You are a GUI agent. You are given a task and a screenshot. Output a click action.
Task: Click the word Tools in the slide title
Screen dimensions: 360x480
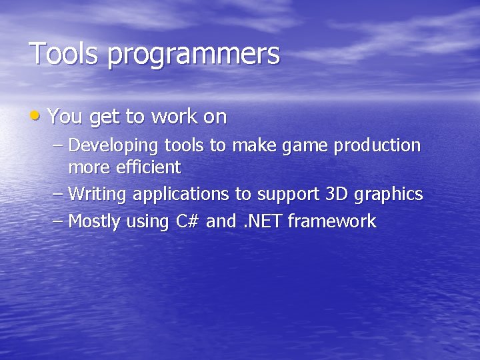(x=64, y=53)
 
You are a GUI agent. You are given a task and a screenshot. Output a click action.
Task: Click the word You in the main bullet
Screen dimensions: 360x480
(x=65, y=117)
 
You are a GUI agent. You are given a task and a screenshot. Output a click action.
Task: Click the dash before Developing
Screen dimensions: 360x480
(x=57, y=145)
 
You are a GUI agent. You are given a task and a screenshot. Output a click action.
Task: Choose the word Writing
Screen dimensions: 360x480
(x=98, y=195)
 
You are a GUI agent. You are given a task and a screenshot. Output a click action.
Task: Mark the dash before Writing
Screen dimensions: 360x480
(x=57, y=194)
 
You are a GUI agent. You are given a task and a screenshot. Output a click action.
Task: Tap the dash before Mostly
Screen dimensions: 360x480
(x=57, y=221)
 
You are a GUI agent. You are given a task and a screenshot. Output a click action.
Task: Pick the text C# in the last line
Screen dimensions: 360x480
(x=189, y=221)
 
